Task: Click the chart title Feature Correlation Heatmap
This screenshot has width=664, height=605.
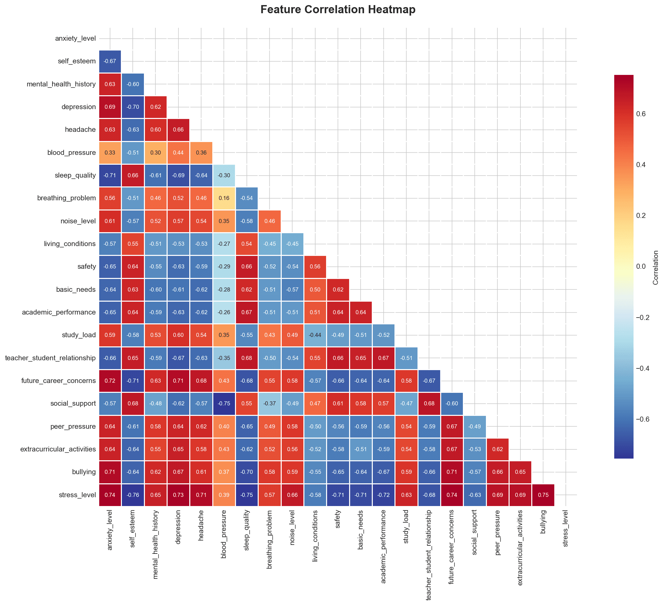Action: coord(338,9)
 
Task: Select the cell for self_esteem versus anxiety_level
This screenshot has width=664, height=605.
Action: coord(110,61)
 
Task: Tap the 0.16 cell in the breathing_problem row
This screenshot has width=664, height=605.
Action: coord(224,198)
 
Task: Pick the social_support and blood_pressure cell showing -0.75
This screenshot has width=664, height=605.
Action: coord(224,404)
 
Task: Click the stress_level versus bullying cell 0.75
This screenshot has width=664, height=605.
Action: coord(543,495)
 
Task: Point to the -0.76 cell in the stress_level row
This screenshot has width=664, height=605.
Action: coord(133,495)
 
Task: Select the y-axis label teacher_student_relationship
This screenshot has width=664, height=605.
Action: coord(50,358)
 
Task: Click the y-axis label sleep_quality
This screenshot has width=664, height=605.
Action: coord(75,175)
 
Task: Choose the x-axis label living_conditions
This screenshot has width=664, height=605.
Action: coord(315,536)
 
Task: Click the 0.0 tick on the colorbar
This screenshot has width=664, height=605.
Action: coord(641,266)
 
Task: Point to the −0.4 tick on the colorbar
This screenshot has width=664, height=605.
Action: coord(642,368)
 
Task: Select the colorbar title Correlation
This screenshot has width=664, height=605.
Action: coord(656,267)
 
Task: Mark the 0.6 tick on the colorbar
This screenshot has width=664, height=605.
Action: coord(641,114)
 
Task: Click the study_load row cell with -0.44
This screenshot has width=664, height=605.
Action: coord(315,335)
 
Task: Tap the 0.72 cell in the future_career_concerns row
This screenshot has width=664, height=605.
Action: coord(110,381)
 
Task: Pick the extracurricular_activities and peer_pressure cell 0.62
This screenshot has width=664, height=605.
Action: coord(497,449)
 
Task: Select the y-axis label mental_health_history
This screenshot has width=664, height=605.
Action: coord(61,84)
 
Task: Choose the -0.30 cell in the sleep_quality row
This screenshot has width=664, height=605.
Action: coord(224,175)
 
